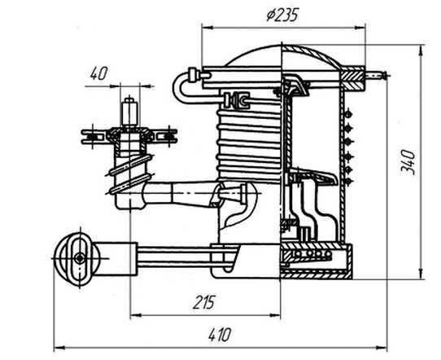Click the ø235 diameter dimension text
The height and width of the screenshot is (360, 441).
[282, 15]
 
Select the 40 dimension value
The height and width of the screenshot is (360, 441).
[98, 74]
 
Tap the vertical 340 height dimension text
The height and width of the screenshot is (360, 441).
[408, 162]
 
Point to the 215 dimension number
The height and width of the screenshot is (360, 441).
[204, 302]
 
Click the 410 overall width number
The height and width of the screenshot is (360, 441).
[220, 335]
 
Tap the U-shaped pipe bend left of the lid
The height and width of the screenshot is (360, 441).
[180, 87]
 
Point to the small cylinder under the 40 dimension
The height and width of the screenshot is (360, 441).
[129, 112]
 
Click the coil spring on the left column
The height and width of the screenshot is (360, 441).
[130, 175]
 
